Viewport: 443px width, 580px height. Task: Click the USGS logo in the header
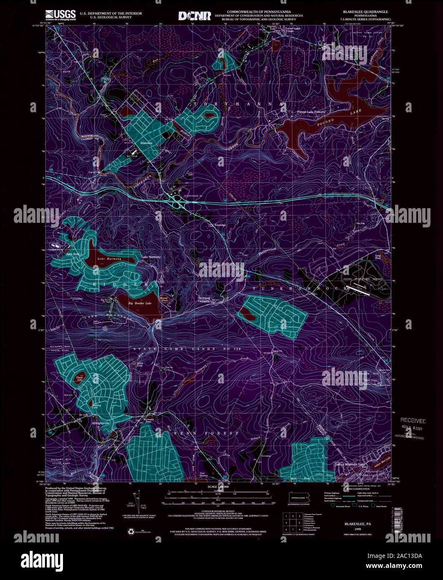61,15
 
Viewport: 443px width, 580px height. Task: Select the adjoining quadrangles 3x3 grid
292,522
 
